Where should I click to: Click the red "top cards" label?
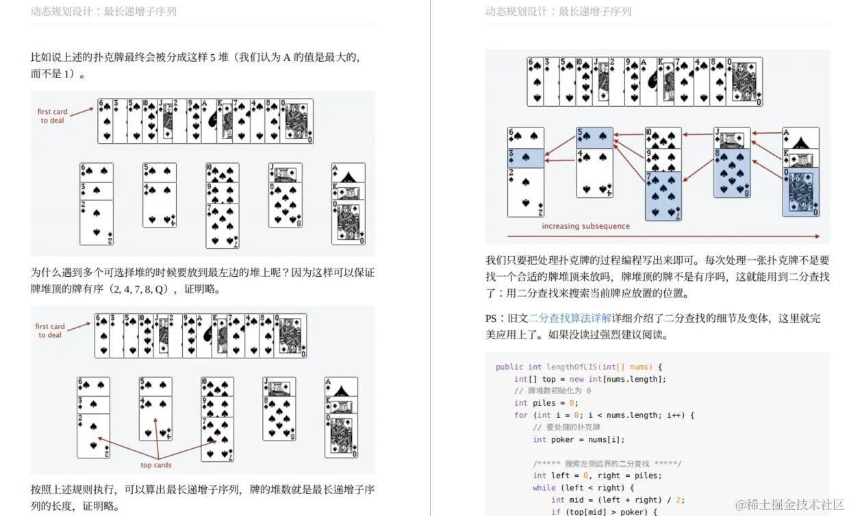[156, 465]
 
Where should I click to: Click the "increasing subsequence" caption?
[585, 226]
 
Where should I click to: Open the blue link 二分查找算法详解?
[570, 318]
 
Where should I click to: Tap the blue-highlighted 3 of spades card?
[526, 158]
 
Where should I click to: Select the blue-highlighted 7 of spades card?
[663, 196]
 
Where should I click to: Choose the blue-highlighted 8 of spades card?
[732, 173]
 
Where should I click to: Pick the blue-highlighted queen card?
[801, 192]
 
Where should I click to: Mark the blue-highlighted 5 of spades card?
[595, 138]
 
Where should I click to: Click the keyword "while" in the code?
[544, 487]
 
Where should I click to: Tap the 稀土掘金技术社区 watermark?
[789, 504]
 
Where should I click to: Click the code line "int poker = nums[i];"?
[579, 439]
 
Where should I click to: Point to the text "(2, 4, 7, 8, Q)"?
[138, 289]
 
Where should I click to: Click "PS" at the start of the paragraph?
[491, 319]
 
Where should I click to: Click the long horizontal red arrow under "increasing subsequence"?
[663, 236]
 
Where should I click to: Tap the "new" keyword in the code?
[576, 380]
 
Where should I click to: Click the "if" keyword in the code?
[556, 512]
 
